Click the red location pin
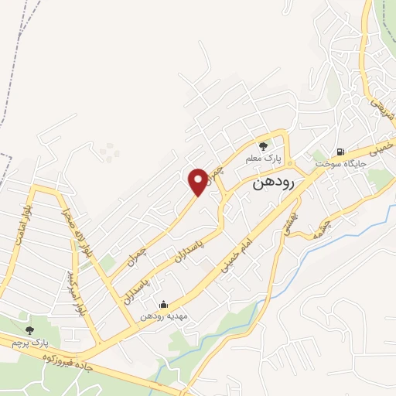[x=198, y=181]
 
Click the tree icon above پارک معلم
[x=263, y=145]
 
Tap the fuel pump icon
[x=340, y=152]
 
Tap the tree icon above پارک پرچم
[x=29, y=329]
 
